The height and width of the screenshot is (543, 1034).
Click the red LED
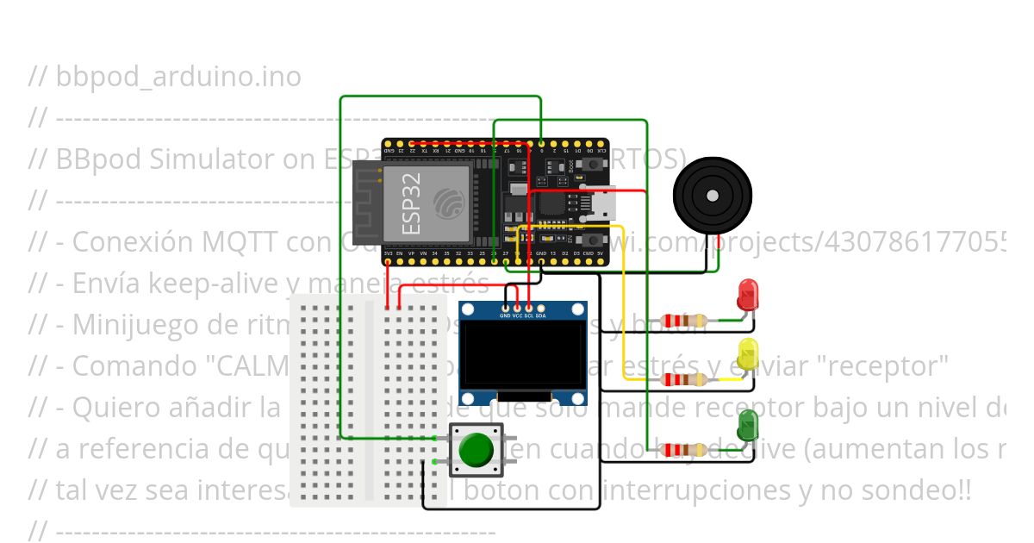[748, 295]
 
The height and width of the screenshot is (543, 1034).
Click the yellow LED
[748, 354]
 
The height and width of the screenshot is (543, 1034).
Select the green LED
[748, 423]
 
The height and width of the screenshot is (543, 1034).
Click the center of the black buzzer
[712, 197]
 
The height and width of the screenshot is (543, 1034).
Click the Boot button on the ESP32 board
[594, 164]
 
